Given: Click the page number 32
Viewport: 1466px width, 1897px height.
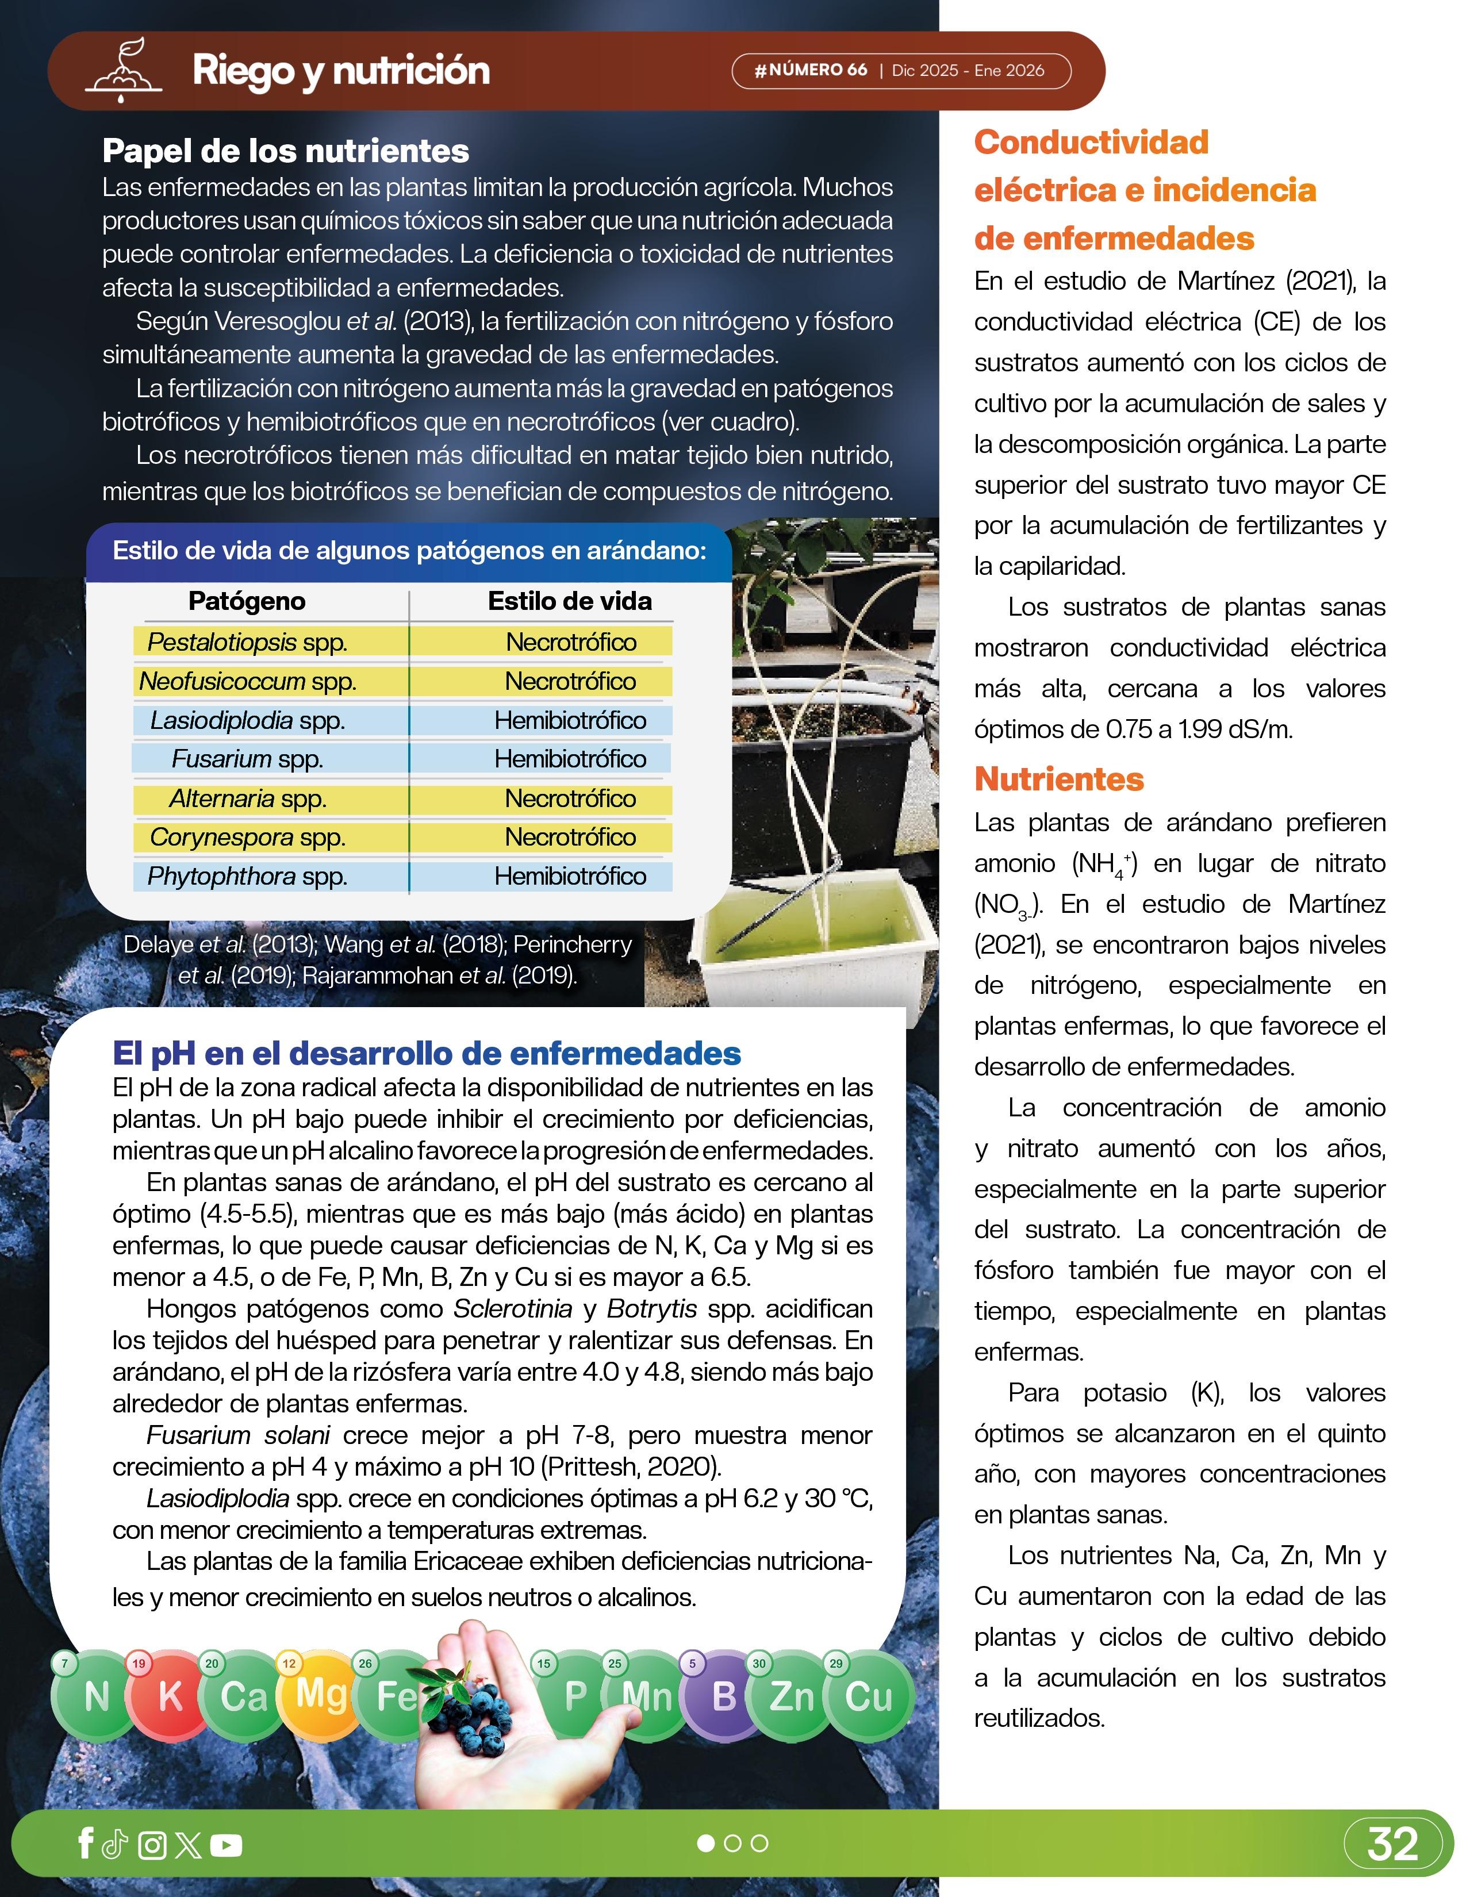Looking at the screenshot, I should [1392, 1843].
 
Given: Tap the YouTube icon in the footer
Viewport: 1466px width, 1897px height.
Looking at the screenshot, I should [226, 1845].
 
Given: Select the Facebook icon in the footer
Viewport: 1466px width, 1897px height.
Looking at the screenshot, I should [85, 1842].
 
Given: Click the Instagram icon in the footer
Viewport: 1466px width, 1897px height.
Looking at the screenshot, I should [152, 1845].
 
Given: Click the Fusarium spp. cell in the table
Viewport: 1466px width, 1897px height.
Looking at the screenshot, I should [248, 759].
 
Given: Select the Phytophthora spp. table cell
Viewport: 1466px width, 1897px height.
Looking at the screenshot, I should [248, 877].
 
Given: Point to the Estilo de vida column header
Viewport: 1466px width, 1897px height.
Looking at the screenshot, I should [570, 601].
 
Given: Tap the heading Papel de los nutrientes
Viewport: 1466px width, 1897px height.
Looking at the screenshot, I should [286, 151].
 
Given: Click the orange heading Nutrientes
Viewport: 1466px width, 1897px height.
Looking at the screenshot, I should [1058, 779].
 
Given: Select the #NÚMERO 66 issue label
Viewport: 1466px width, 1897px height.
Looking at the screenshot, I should [811, 70].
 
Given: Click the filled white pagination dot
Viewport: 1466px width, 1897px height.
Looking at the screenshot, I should [706, 1843].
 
